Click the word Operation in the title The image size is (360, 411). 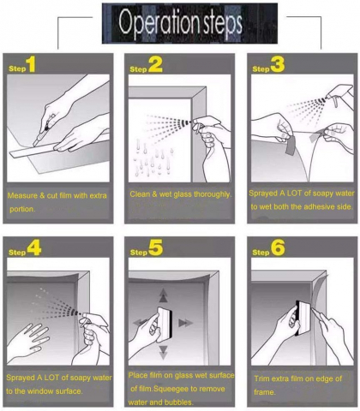click(159, 23)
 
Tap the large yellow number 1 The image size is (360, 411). click(31, 64)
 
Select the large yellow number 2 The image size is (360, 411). click(155, 64)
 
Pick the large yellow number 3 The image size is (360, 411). click(278, 64)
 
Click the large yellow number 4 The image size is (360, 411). click(34, 247)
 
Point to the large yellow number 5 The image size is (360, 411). click(156, 247)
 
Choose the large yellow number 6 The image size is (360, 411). click(278, 247)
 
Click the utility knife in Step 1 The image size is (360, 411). click(43, 131)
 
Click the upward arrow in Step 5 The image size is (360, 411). click(163, 295)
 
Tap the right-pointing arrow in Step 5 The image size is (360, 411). click(186, 323)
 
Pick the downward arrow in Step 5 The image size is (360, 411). click(163, 352)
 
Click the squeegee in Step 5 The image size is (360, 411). click(165, 324)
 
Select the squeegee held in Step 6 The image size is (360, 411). click(302, 319)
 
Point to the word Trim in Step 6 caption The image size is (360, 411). click(261, 379)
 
